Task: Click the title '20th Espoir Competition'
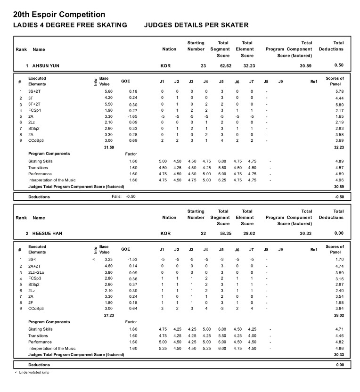pos(59,15)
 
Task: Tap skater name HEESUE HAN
pos(47,233)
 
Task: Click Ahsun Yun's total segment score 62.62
pos(223,65)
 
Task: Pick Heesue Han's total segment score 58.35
pos(223,233)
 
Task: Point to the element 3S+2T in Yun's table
pos(34,91)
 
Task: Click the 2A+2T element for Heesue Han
pos(34,266)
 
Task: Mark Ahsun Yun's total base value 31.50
pos(109,147)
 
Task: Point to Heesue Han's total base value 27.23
pos(109,315)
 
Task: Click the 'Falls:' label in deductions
pos(117,196)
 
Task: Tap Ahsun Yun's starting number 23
pos(203,65)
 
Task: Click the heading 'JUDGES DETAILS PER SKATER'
pos(196,25)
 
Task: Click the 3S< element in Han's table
pos(32,260)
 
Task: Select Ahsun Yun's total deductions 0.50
pos(338,65)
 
